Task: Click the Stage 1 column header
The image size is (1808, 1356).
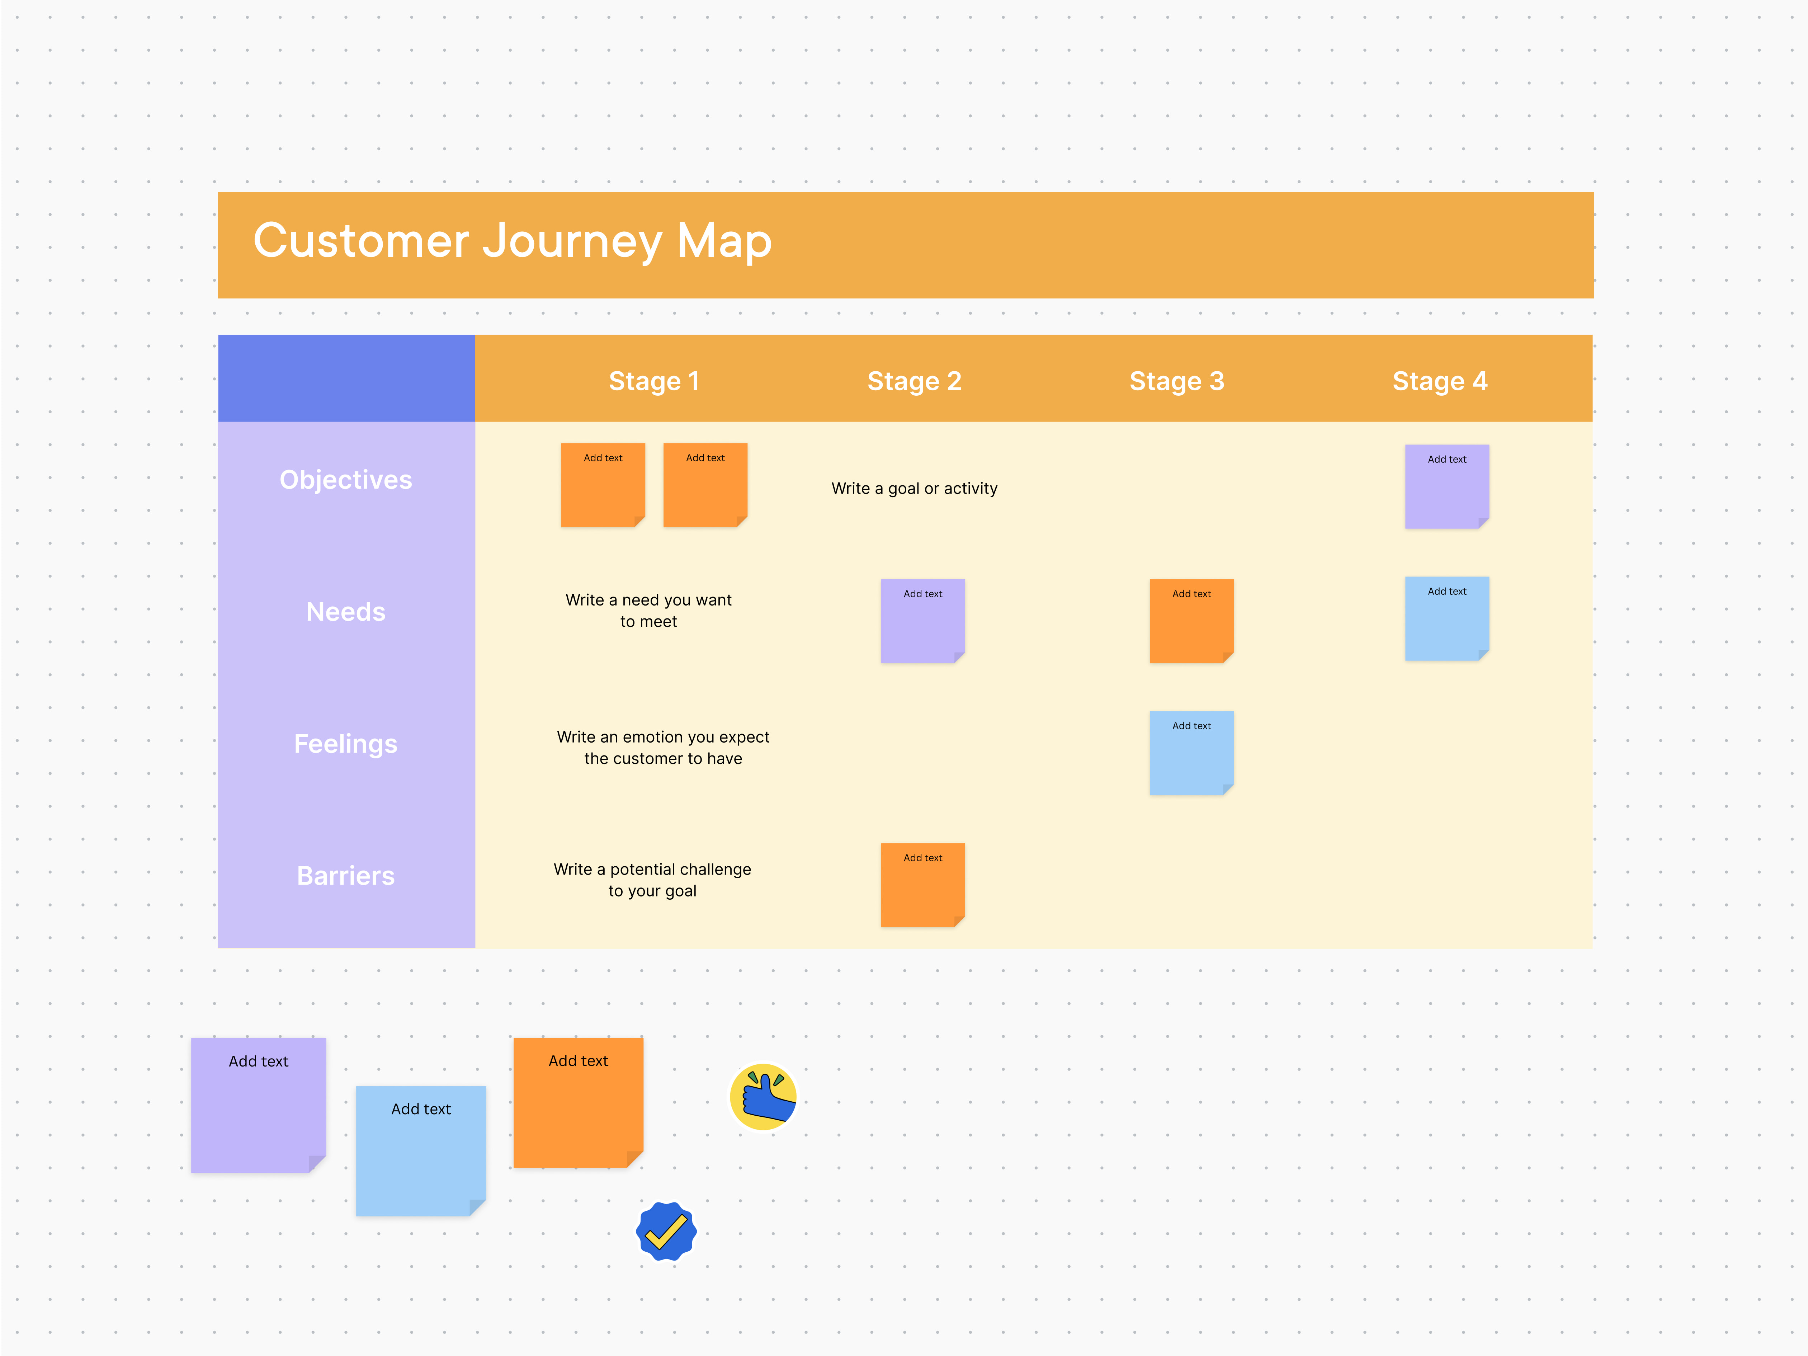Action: click(x=654, y=381)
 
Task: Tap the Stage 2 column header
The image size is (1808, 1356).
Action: click(x=914, y=381)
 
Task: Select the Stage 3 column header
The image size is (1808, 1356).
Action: click(x=1176, y=381)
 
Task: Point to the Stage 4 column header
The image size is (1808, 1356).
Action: click(x=1439, y=381)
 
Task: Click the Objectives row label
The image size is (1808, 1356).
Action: click(x=346, y=480)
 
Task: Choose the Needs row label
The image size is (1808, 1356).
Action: click(x=346, y=611)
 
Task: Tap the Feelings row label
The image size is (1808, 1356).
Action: click(x=346, y=744)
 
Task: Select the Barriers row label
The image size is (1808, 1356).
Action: click(x=346, y=875)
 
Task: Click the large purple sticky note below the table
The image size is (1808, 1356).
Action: click(x=258, y=1105)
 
